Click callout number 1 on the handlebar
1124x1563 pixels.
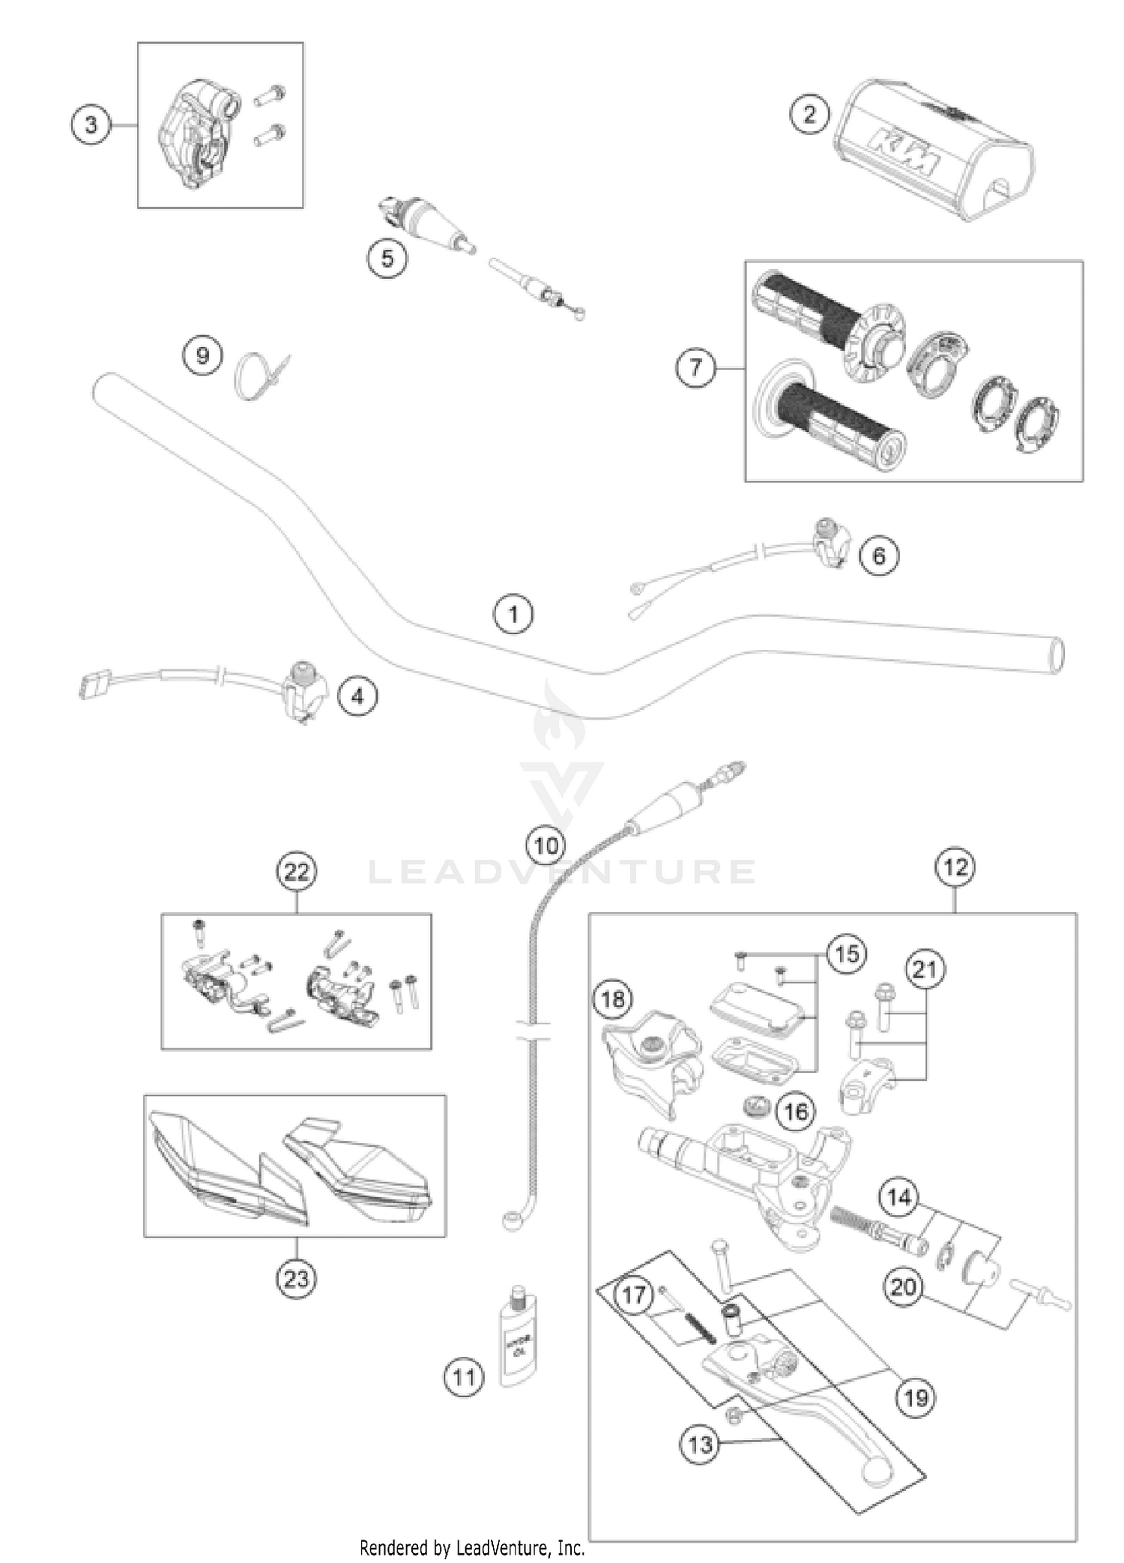(x=513, y=615)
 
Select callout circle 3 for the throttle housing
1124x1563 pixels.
(x=91, y=124)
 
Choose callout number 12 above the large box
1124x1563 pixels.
(x=955, y=867)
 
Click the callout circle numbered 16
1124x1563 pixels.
(x=796, y=1110)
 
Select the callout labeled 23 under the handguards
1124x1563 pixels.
(x=295, y=1277)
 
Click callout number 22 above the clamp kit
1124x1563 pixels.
(x=297, y=872)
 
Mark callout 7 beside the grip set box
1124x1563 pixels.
(x=696, y=368)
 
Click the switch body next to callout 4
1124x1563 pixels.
(x=305, y=693)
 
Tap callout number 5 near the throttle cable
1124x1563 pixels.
(x=387, y=259)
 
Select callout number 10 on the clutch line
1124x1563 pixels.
(x=546, y=846)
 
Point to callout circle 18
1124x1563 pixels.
(x=614, y=999)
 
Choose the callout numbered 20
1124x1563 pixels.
(x=903, y=1287)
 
